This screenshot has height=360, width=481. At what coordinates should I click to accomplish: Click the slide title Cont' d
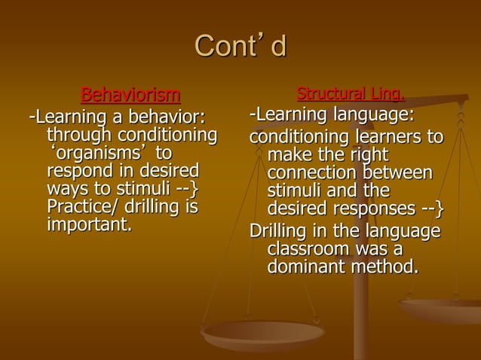tap(240, 47)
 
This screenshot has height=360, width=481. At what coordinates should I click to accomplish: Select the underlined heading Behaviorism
tap(130, 96)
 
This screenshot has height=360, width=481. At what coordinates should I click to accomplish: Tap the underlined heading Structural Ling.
tap(351, 95)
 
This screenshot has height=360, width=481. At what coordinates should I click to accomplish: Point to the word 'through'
tap(81, 136)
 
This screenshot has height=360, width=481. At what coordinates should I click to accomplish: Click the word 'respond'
tap(78, 172)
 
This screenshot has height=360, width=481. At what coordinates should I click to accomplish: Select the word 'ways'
tap(66, 189)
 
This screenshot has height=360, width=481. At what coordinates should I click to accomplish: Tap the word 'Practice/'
tap(81, 207)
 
